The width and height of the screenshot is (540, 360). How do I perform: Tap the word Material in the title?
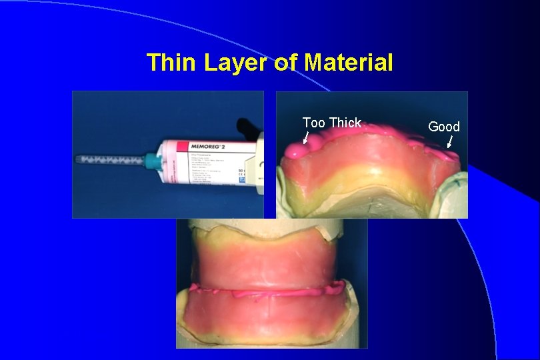(348, 63)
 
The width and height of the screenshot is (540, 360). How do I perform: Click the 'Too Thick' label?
(331, 123)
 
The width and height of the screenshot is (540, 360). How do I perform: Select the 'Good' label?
(443, 127)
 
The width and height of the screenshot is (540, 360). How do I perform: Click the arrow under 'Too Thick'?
(305, 138)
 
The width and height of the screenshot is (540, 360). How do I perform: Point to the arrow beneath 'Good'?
(450, 141)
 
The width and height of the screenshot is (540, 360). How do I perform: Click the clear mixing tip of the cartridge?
(110, 160)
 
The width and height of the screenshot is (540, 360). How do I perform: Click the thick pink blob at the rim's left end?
(295, 151)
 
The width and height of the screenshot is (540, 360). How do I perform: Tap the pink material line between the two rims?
(267, 291)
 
